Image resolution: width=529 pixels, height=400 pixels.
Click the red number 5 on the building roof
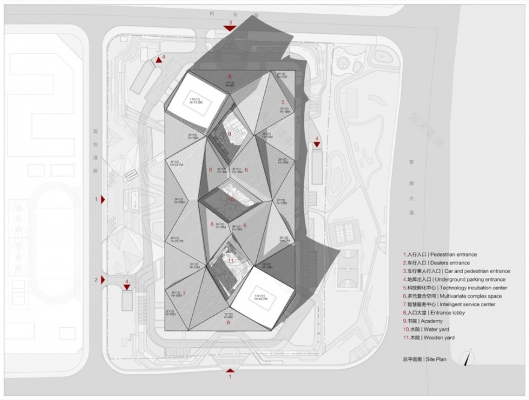[x=283, y=103]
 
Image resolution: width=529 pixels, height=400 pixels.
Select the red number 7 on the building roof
[x=184, y=294]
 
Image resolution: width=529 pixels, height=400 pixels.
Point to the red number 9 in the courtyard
[x=229, y=134]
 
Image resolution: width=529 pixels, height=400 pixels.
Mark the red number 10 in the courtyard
[x=231, y=199]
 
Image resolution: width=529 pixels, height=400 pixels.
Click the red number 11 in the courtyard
[x=231, y=260]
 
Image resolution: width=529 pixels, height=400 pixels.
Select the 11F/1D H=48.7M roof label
[x=260, y=298]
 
